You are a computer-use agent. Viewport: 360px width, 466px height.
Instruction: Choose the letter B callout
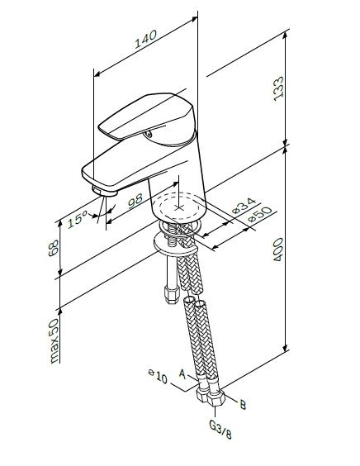[x=242, y=404]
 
